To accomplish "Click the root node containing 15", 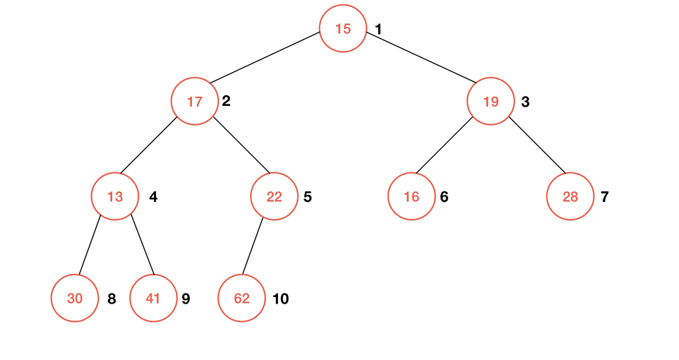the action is coord(343,29).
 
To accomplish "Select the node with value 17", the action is coord(195,102).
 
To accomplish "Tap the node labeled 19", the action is coord(491,102).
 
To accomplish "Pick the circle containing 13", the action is coord(115,197).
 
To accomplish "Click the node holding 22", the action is coord(274,197).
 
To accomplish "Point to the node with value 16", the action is coord(411,197).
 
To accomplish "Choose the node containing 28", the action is coord(570,197).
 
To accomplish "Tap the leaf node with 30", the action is coord(75,299).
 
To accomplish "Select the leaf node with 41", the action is coord(153,299).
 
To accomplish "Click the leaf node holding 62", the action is coord(241,299).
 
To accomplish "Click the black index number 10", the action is coord(281,299).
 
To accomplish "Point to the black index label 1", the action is coord(378,30).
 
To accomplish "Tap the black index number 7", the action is coord(604,197).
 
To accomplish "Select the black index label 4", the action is coord(153,197).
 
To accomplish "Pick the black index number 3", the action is coord(525,102).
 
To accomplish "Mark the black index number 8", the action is coord(112,299).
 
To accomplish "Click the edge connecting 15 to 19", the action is coord(421,57).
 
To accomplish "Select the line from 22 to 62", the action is coord(253,246).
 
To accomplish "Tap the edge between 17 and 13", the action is coord(148,145).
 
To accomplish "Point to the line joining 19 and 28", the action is coord(537,145).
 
